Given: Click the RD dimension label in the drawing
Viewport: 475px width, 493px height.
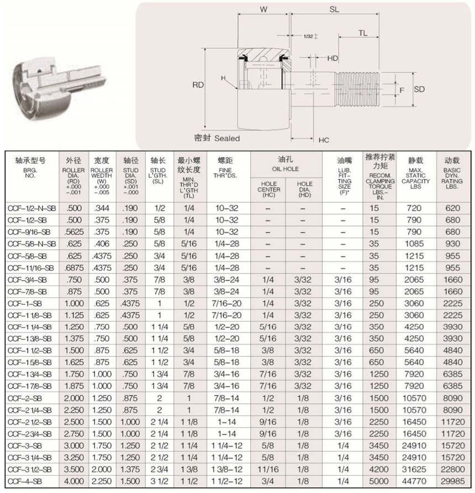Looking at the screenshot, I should click(198, 85).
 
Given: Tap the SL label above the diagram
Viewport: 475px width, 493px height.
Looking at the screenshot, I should click(335, 9).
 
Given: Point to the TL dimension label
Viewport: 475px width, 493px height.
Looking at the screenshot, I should click(362, 33).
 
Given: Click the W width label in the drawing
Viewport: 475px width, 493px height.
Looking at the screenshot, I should click(263, 9).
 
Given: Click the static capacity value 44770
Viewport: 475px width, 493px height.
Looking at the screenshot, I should click(415, 481).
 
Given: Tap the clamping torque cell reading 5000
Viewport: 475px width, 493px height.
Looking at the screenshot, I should click(379, 481).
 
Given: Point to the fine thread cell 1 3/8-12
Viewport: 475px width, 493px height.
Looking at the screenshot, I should click(229, 470).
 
